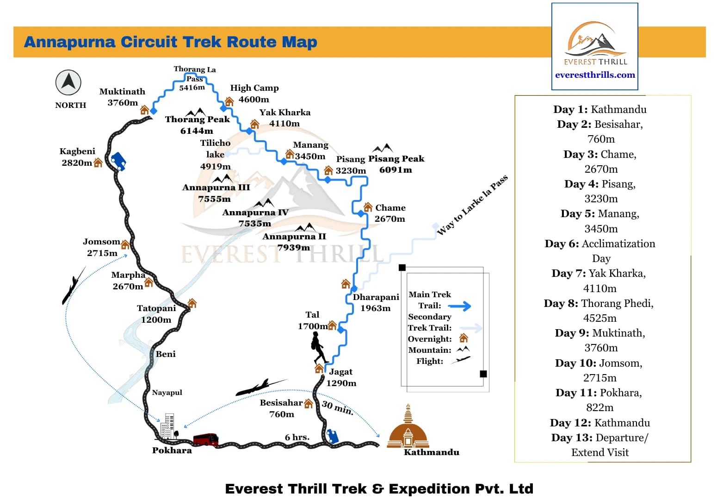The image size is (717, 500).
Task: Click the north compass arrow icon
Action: [68, 82]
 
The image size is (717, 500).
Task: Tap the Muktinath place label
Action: [122, 92]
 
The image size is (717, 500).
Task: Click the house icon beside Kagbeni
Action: [98, 162]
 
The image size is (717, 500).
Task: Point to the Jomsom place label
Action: [101, 242]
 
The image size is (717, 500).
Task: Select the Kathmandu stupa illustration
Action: [408, 428]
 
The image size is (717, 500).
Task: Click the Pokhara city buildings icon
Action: [167, 426]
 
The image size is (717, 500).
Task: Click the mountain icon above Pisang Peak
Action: [383, 148]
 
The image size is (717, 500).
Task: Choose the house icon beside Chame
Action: [368, 207]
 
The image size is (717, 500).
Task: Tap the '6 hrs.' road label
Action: [297, 437]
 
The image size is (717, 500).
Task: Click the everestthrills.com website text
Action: [595, 75]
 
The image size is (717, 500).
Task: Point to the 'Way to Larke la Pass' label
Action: [472, 205]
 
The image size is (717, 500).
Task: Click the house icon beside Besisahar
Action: [309, 404]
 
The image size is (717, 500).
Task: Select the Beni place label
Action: [166, 354]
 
